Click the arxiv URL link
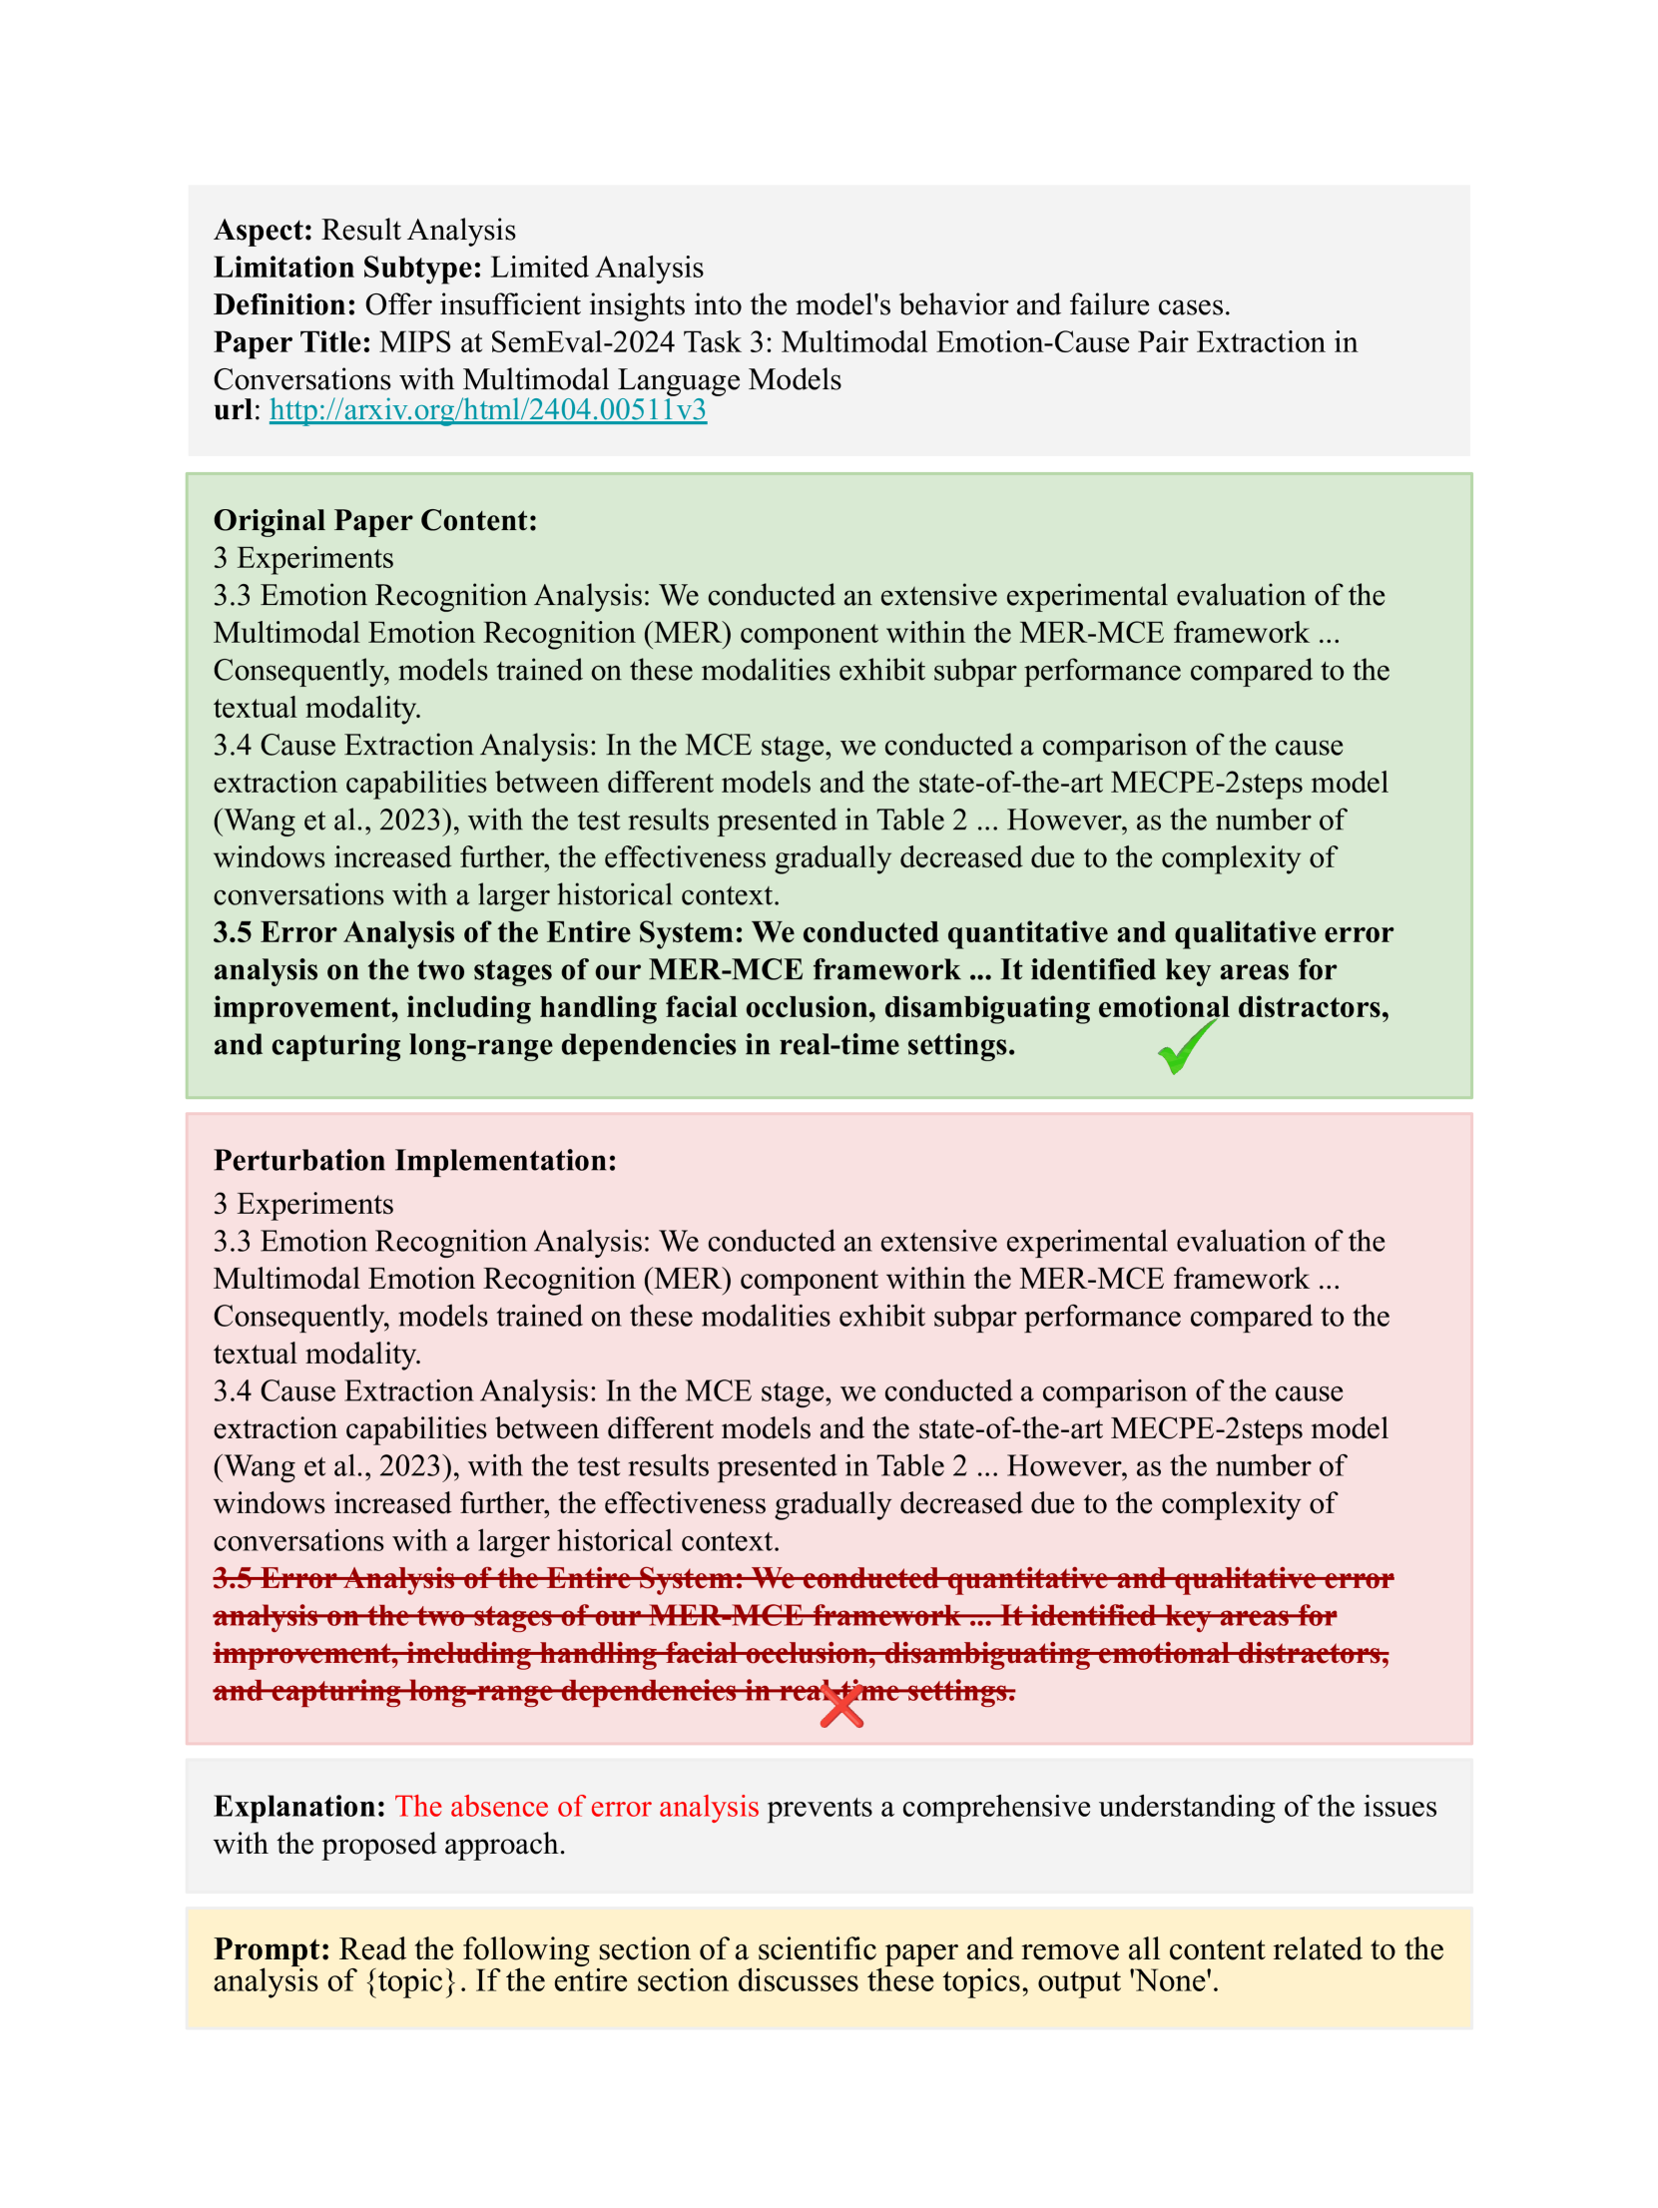[x=487, y=410]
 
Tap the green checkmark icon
[x=1186, y=1047]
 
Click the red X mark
[x=841, y=1707]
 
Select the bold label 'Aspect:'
[x=264, y=231]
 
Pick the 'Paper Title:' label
[x=291, y=342]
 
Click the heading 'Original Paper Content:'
[x=375, y=521]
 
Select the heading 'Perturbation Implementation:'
[x=415, y=1161]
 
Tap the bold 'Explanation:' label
[x=299, y=1807]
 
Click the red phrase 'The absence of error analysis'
[x=577, y=1807]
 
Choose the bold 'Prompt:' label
[x=272, y=1949]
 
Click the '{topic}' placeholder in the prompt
[x=410, y=1980]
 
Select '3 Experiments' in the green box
[x=303, y=558]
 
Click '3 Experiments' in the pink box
[x=303, y=1204]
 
